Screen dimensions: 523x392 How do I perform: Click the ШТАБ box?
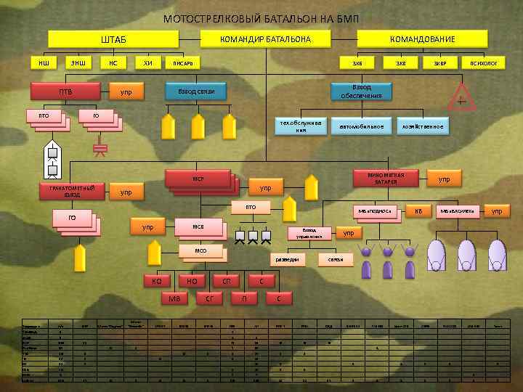click(x=113, y=39)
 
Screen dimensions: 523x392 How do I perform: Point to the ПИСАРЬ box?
click(x=182, y=64)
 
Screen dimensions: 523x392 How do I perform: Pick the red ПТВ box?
click(x=65, y=92)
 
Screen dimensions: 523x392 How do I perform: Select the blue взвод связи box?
click(x=195, y=92)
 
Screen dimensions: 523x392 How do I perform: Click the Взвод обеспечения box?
click(x=361, y=91)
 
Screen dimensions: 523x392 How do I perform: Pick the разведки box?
click(x=289, y=259)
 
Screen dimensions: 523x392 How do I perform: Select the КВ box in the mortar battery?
click(x=418, y=211)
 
